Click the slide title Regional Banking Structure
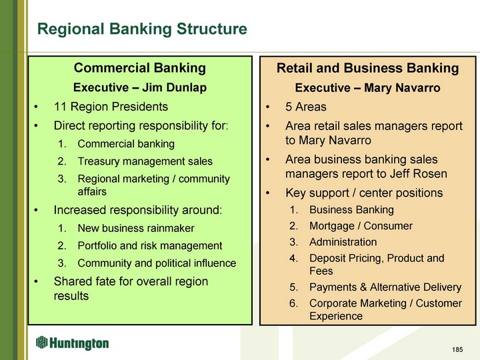click(142, 29)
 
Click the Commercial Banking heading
click(139, 68)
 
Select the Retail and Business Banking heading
click(367, 68)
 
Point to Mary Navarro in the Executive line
click(402, 88)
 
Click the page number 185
click(457, 349)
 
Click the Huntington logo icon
click(41, 342)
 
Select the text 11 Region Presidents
click(111, 107)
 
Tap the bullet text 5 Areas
click(306, 107)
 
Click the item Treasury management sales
click(145, 161)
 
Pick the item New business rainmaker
click(136, 228)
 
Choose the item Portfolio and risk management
click(150, 245)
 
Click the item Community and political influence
click(157, 263)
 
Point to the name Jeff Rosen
click(418, 173)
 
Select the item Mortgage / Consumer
click(361, 226)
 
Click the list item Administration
click(343, 242)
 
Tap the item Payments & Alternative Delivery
click(385, 287)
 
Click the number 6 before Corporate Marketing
click(293, 303)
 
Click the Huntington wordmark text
click(79, 343)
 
